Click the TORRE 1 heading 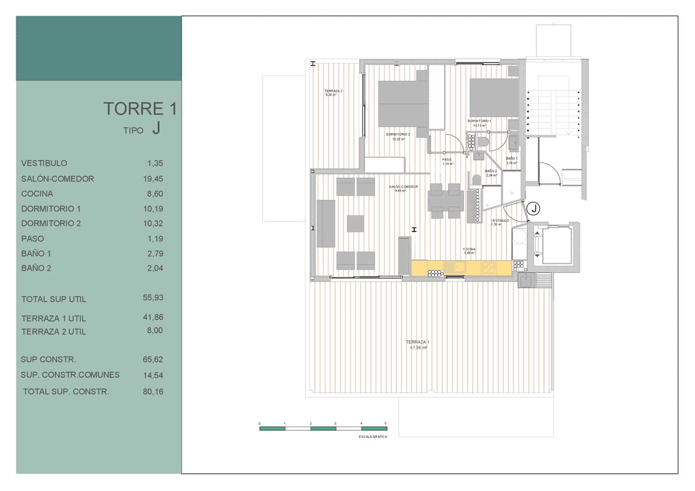(140, 109)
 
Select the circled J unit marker (534, 209)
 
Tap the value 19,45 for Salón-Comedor (153, 179)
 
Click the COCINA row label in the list (37, 194)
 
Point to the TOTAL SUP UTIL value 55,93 (153, 298)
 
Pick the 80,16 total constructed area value (153, 392)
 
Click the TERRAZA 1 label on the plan (417, 342)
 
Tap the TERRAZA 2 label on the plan (333, 91)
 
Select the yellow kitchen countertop (460, 267)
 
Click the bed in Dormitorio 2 (402, 104)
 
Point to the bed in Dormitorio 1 (494, 97)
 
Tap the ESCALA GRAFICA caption (373, 437)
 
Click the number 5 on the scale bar (385, 423)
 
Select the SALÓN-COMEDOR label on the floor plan (404, 187)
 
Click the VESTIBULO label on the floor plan (500, 221)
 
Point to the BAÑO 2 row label (36, 268)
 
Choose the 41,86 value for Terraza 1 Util (153, 317)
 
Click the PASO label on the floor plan (447, 159)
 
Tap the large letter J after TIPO (156, 129)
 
